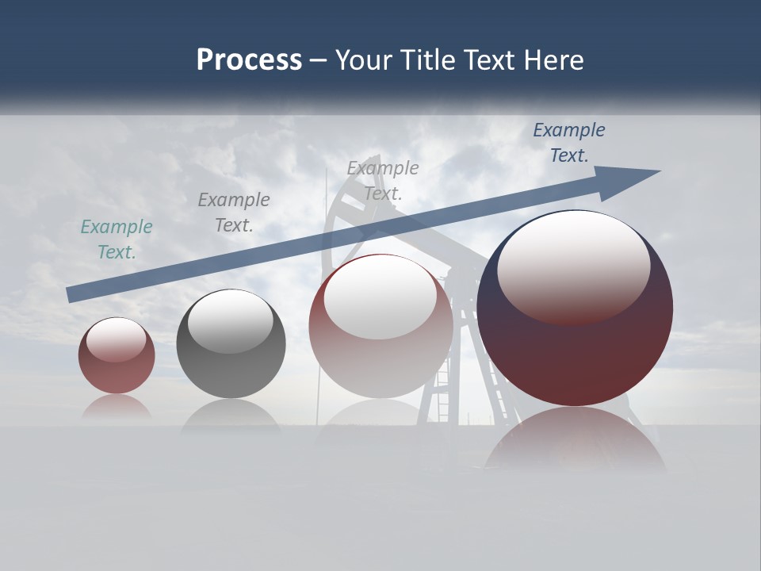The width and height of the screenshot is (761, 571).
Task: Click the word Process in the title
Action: pyautogui.click(x=249, y=60)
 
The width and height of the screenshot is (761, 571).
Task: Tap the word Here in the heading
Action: pyautogui.click(x=553, y=60)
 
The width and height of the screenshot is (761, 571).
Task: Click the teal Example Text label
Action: pyautogui.click(x=117, y=240)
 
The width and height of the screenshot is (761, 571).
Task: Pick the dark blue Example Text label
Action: pyautogui.click(x=569, y=143)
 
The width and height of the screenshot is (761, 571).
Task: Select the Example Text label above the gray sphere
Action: pyautogui.click(x=234, y=213)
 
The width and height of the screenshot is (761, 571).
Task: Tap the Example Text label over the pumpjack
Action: pyautogui.click(x=383, y=180)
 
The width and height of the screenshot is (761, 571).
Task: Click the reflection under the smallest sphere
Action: pyautogui.click(x=117, y=406)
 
